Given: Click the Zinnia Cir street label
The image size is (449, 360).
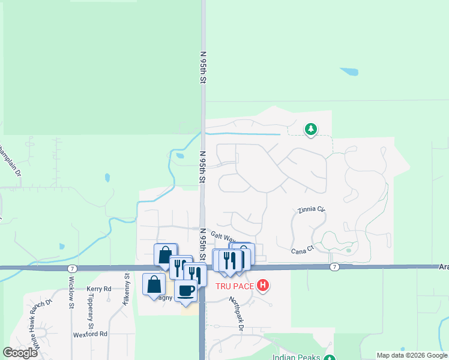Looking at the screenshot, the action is click(311, 211).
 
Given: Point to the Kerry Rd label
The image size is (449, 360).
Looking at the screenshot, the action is click(99, 289).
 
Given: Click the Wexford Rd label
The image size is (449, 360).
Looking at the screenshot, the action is click(90, 334).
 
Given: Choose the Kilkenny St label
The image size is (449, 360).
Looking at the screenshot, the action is click(127, 290).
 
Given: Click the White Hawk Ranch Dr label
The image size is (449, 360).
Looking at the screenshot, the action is click(38, 325).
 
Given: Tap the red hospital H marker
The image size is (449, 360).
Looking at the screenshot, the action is click(262, 286).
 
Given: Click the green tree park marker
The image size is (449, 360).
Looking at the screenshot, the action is click(310, 129).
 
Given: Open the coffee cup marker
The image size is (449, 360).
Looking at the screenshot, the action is click(186, 290).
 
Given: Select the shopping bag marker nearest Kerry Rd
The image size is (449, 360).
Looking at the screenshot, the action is click(154, 283).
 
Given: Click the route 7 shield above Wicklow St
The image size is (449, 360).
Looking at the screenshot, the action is click(71, 267).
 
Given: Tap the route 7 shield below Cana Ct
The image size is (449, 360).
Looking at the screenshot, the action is click(334, 266).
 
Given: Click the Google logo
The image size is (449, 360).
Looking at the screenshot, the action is click(20, 353).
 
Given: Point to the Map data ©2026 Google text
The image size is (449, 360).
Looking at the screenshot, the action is click(412, 355).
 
